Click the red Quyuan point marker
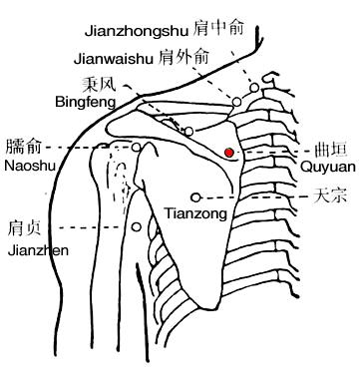coord(229,153)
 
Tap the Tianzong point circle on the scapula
coord(196,197)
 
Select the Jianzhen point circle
coord(137,227)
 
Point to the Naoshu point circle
coord(137,147)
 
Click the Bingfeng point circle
coord(188,132)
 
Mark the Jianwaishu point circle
coord(236,102)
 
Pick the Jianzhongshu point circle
coord(254,88)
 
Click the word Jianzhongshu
coord(137,31)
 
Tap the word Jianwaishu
coord(114,59)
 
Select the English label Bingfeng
coord(86,102)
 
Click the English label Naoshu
coord(30,166)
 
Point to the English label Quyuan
coord(327,167)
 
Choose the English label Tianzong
coord(196,213)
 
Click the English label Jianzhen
coord(38,250)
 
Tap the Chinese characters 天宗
coord(330,195)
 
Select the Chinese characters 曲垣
coord(331,150)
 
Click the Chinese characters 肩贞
coord(24,228)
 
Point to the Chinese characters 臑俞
coord(23,147)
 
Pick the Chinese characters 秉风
coord(100,84)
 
